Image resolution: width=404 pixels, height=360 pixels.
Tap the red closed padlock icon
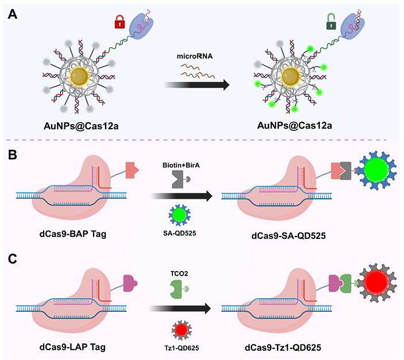tap(120, 23)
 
